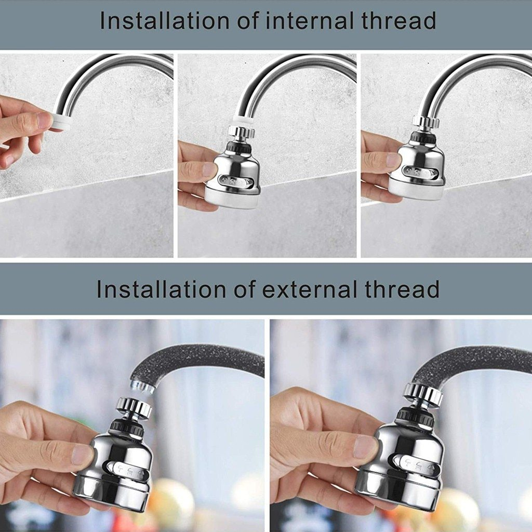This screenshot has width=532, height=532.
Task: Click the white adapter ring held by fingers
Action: click(x=62, y=122)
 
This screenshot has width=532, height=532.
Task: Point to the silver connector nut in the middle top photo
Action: click(x=242, y=132)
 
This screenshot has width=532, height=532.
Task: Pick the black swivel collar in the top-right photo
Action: click(x=422, y=138)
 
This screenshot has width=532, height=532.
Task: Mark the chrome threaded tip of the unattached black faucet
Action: click(x=141, y=386)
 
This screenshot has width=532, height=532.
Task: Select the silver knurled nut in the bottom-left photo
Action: click(x=134, y=407)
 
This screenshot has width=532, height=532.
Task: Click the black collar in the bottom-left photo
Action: click(x=126, y=427)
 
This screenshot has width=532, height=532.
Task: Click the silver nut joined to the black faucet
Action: click(x=423, y=394)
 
